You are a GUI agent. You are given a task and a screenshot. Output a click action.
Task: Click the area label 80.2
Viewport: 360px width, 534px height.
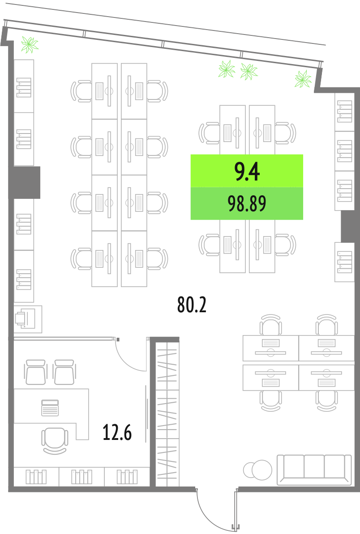pyautogui.click(x=192, y=305)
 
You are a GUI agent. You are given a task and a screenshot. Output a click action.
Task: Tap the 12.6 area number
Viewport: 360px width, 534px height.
pyautogui.click(x=117, y=432)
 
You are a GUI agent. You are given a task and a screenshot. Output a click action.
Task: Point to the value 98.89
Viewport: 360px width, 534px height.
pyautogui.click(x=247, y=204)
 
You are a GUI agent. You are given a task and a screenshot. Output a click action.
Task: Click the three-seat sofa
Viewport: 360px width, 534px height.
pyautogui.click(x=314, y=469)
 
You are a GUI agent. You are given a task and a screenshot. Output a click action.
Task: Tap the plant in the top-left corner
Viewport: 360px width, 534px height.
pyautogui.click(x=30, y=45)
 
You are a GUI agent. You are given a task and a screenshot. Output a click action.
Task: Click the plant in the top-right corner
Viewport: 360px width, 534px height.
pyautogui.click(x=303, y=79)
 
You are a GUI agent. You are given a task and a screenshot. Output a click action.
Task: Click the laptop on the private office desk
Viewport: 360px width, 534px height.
pyautogui.click(x=50, y=408)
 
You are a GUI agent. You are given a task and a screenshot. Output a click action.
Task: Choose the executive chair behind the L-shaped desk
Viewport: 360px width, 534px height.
pyautogui.click(x=55, y=441)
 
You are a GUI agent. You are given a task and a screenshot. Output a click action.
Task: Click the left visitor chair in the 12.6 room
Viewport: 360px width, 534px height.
pyautogui.click(x=35, y=372)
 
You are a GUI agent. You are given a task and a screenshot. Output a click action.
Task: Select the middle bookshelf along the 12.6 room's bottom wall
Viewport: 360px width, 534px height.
pyautogui.click(x=81, y=477)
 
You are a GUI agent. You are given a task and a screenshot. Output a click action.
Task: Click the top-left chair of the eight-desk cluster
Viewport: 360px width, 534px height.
pyautogui.click(x=81, y=91)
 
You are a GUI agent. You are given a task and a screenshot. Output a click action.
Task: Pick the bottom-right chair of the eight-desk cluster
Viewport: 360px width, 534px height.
pyautogui.click(x=158, y=259)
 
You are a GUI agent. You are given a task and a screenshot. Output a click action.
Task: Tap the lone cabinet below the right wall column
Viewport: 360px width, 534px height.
pyautogui.click(x=344, y=262)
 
